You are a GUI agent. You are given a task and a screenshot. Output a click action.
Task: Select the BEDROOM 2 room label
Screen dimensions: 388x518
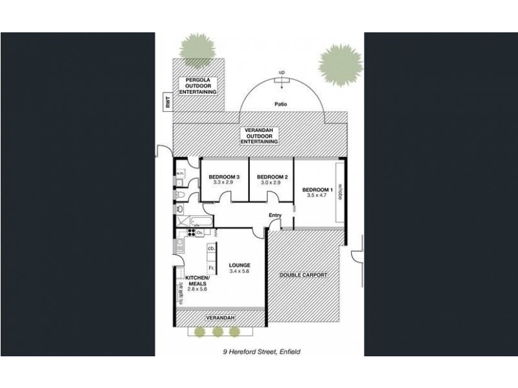tap(272, 177)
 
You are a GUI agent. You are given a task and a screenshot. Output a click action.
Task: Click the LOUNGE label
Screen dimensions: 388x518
tap(239, 265)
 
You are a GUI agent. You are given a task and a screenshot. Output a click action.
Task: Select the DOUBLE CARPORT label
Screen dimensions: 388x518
tap(303, 275)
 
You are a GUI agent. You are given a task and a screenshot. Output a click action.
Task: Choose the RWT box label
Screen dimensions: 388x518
tap(166, 101)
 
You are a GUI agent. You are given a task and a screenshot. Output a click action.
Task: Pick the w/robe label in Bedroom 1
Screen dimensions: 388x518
tap(339, 193)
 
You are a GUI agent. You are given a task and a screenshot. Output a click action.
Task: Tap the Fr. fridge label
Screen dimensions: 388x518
tap(210, 267)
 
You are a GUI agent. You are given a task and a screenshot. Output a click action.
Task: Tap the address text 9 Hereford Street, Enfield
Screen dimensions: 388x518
tap(259, 352)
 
